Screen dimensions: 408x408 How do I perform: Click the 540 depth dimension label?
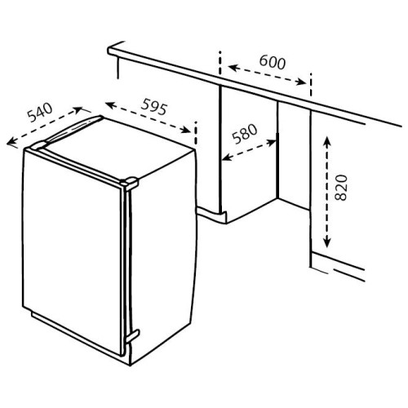(x=40, y=112)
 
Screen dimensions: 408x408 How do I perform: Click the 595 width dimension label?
(x=153, y=107)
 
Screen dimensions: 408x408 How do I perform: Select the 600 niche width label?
(x=273, y=62)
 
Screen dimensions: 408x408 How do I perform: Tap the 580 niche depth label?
(x=245, y=134)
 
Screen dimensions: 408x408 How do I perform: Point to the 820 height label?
(x=341, y=188)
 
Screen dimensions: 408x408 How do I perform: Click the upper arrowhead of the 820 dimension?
(x=327, y=141)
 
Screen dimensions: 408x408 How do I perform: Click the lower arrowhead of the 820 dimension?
(x=327, y=242)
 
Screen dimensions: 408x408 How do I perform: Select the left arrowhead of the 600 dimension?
(x=233, y=68)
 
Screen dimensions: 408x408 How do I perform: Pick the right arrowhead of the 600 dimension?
(x=301, y=82)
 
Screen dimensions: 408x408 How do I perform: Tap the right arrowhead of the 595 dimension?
(x=185, y=130)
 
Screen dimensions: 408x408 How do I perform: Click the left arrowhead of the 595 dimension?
(x=110, y=104)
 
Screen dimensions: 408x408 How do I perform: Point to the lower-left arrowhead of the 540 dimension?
(x=11, y=142)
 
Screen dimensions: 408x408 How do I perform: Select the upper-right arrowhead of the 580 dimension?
(x=272, y=142)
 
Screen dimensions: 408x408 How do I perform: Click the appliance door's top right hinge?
(x=130, y=183)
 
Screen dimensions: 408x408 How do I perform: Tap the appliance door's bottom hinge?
(x=132, y=336)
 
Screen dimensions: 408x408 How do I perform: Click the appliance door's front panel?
(x=71, y=239)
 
